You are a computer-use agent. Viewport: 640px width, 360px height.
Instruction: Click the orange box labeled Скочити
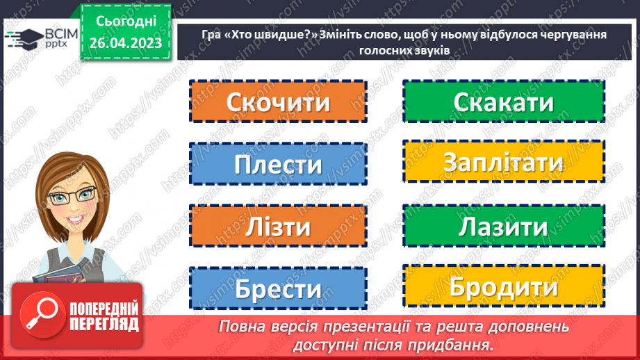(278, 102)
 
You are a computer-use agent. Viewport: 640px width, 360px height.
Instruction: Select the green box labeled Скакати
(504, 102)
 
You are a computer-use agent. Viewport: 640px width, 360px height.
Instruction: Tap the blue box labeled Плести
(278, 165)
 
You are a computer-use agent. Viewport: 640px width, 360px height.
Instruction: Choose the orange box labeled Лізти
(278, 227)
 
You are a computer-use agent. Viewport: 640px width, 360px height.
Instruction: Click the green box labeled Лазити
(504, 227)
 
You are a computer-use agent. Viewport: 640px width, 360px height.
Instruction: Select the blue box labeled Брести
(278, 288)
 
